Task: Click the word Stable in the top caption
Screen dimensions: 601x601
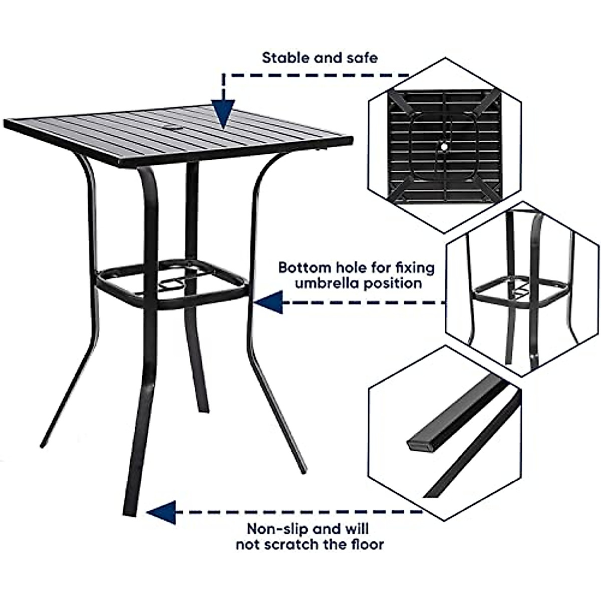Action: pos(285,58)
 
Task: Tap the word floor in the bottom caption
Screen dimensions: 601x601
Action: pos(367,544)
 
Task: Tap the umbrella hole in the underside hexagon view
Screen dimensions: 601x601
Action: pos(443,146)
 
